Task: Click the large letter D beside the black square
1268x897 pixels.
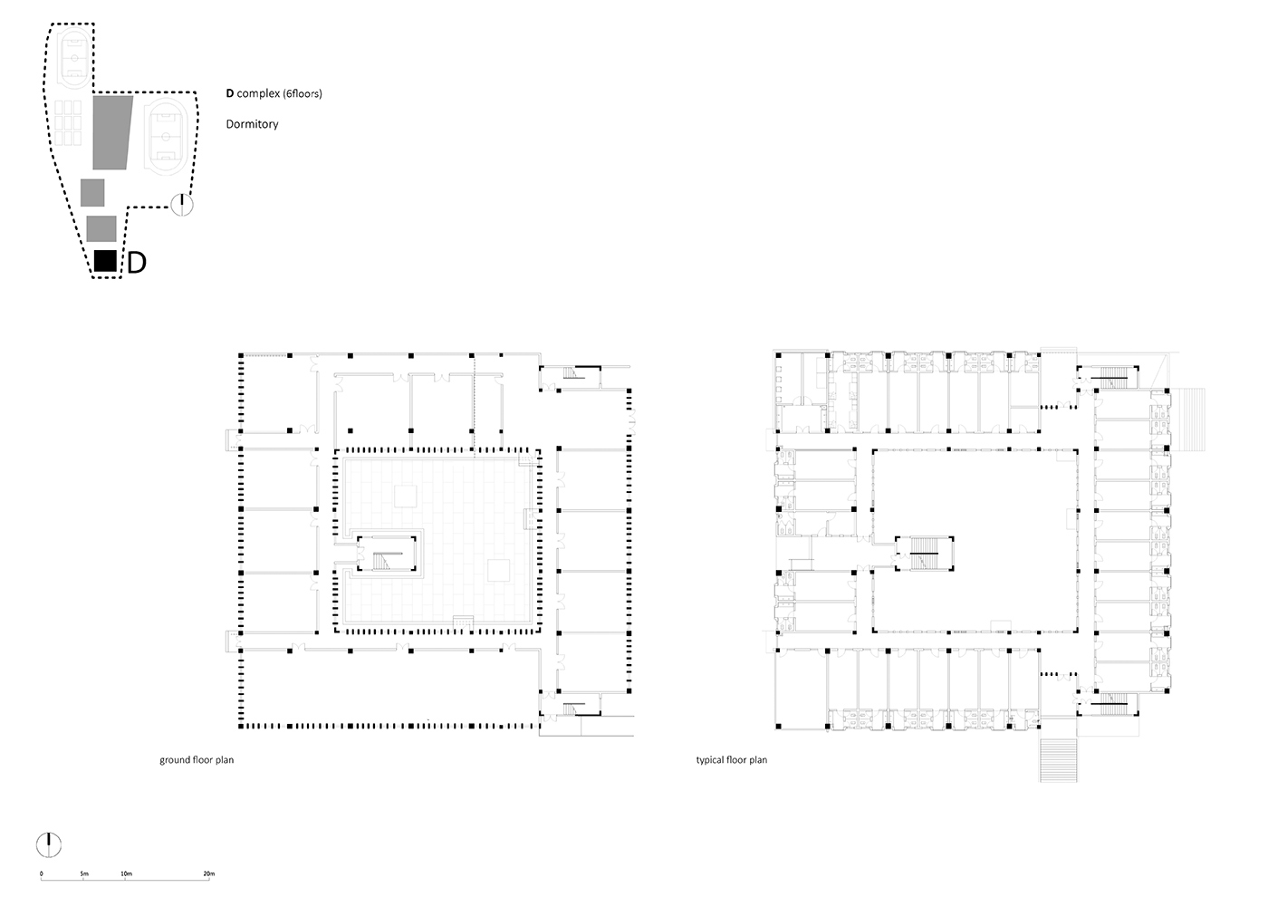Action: tap(137, 263)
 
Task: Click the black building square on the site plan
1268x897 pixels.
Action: tap(105, 261)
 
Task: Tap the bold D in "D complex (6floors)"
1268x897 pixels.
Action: tap(230, 93)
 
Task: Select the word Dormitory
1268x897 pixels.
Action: tap(252, 124)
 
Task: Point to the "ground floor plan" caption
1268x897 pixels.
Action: tap(197, 760)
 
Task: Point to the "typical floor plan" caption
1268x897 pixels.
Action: tap(732, 760)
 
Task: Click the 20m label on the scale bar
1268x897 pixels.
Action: tap(209, 873)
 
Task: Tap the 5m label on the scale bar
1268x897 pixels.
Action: tap(84, 873)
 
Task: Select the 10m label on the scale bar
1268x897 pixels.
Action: tap(126, 873)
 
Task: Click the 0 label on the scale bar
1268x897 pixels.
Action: tap(42, 873)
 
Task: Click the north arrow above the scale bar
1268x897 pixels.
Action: tap(49, 845)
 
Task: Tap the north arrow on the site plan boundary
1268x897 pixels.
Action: tap(182, 205)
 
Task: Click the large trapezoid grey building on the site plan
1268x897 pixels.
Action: tap(112, 132)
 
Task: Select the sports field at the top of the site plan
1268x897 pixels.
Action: tap(74, 58)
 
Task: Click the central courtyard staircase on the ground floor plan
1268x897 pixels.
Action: tap(387, 554)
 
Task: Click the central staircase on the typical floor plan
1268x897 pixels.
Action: tap(925, 554)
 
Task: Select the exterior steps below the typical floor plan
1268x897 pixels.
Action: tap(1058, 760)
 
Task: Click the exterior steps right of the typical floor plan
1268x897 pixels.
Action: tap(1188, 420)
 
